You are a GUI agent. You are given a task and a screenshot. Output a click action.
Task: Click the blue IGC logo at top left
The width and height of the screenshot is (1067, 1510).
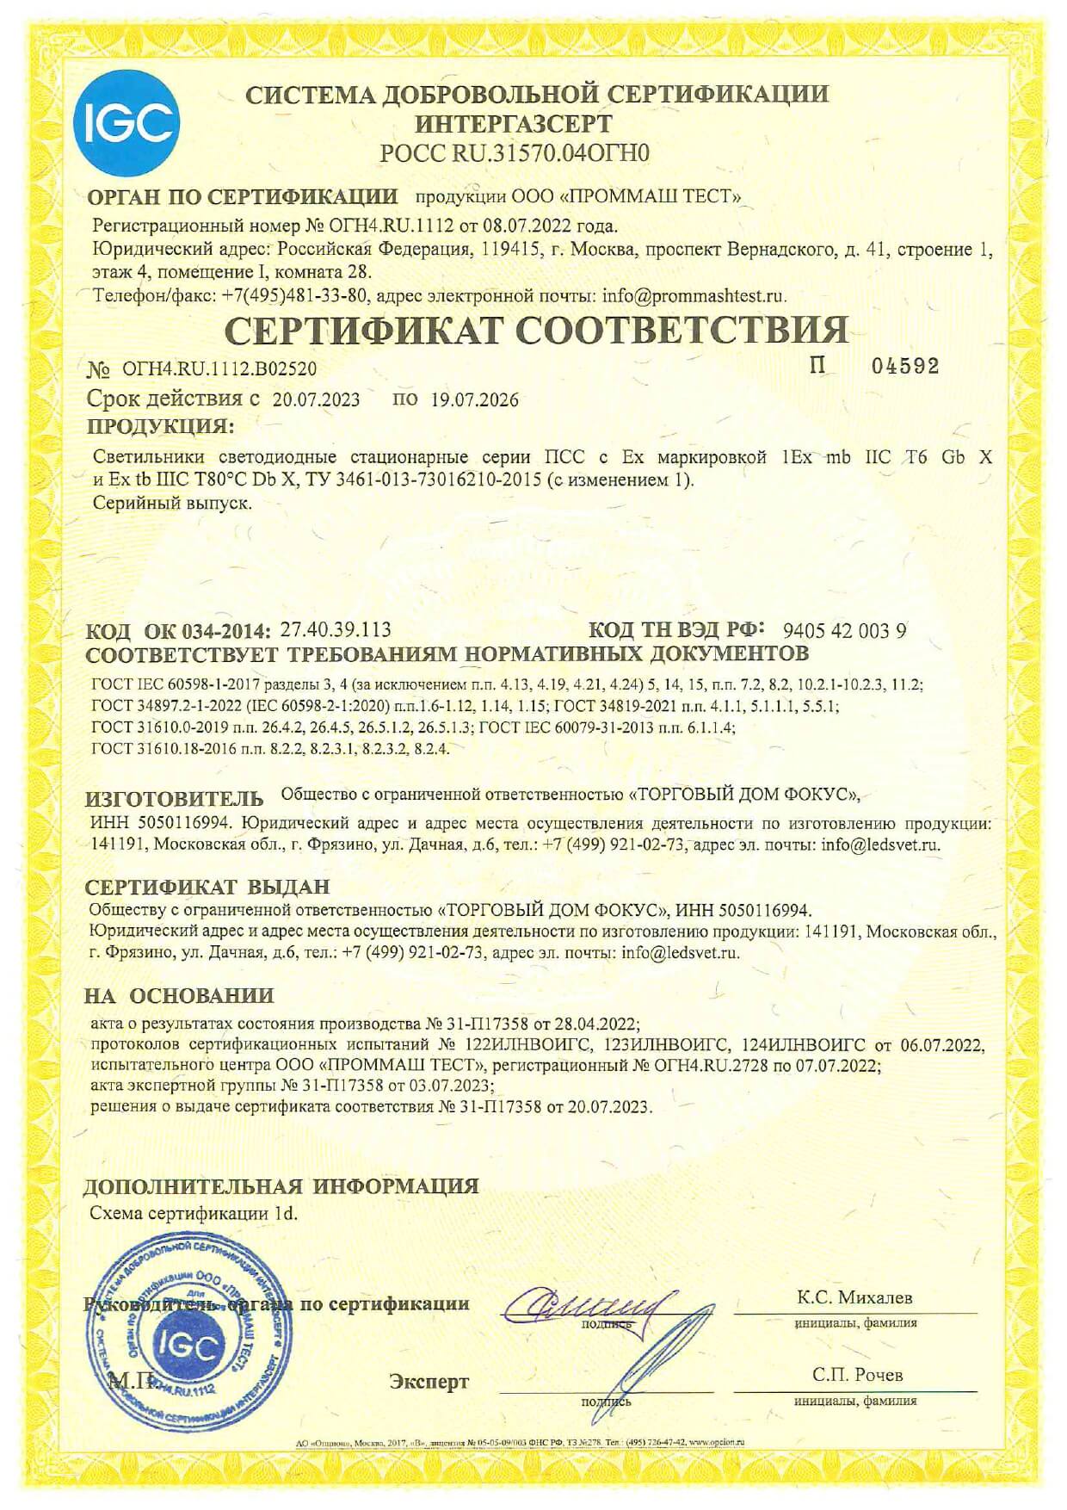pyautogui.click(x=126, y=125)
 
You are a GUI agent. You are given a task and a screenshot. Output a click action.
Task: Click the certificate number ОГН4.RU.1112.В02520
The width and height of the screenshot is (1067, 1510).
pyautogui.click(x=219, y=369)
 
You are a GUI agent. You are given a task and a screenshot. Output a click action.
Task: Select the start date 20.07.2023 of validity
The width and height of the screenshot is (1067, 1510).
pyautogui.click(x=316, y=399)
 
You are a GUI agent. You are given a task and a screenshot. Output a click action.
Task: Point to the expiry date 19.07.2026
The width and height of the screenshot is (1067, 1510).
pyautogui.click(x=474, y=399)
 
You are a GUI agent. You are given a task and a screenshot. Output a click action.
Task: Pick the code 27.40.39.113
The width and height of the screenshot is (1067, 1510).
pyautogui.click(x=336, y=630)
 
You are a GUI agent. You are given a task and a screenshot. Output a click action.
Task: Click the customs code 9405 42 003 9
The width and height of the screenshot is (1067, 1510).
pyautogui.click(x=844, y=631)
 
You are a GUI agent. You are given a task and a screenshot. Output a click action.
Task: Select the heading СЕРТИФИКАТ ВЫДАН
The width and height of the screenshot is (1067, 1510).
pyautogui.click(x=207, y=887)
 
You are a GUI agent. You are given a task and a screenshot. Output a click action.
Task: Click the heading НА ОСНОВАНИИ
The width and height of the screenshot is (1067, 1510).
pyautogui.click(x=179, y=996)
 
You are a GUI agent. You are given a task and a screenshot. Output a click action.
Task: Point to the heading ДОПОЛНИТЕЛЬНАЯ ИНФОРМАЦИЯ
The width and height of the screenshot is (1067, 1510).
pyautogui.click(x=281, y=1186)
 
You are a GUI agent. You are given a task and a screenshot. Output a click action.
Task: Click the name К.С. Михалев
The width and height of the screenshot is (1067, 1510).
pyautogui.click(x=854, y=1297)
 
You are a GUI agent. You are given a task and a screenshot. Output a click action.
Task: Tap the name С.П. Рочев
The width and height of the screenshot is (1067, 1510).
pyautogui.click(x=857, y=1375)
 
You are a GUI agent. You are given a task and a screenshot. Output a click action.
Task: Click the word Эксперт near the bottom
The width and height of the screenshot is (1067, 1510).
pyautogui.click(x=429, y=1382)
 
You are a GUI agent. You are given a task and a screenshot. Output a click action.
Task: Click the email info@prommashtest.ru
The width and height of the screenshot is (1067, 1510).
pyautogui.click(x=694, y=296)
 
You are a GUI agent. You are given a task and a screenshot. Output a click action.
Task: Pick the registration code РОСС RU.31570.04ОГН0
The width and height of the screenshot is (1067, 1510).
pyautogui.click(x=515, y=153)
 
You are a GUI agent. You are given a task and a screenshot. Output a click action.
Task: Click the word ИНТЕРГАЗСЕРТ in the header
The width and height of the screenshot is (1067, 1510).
pyautogui.click(x=514, y=123)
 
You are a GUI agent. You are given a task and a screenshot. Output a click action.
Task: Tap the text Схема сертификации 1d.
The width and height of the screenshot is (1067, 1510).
pyautogui.click(x=194, y=1214)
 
